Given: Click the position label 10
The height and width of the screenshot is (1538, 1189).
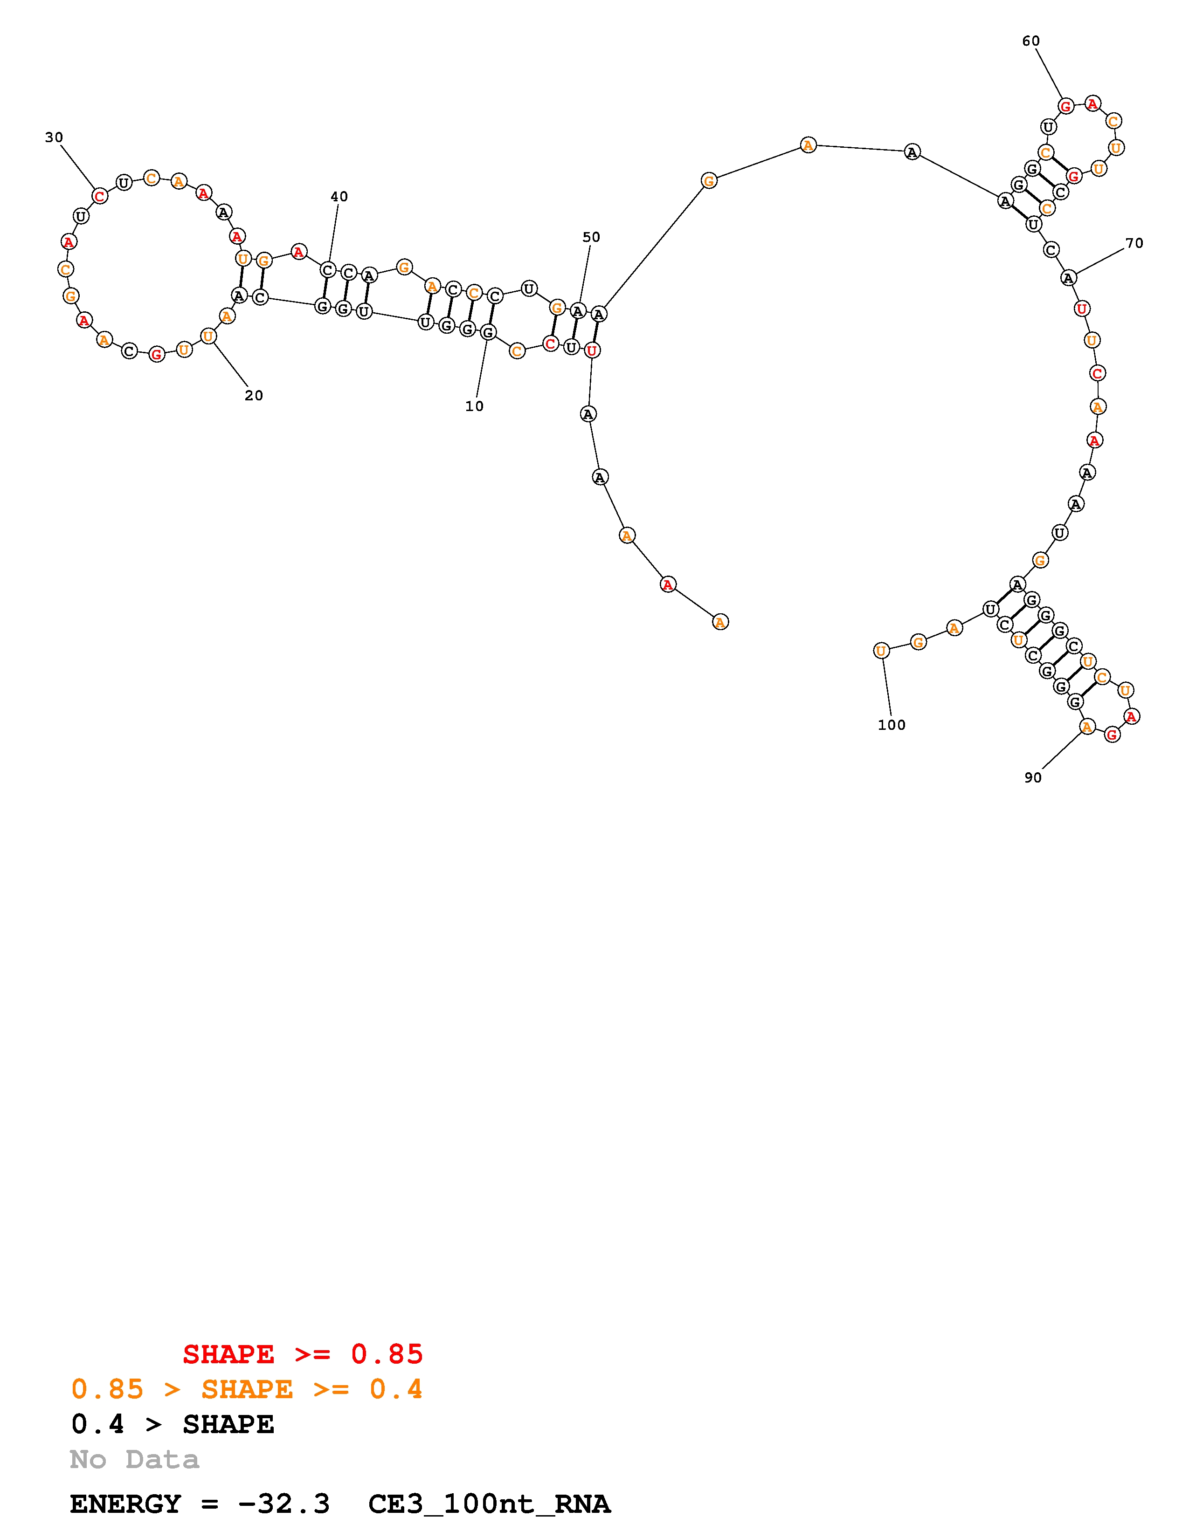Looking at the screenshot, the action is (474, 406).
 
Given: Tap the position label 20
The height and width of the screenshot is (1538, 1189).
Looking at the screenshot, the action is (254, 396).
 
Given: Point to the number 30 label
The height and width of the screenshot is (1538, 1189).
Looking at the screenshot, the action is (54, 137).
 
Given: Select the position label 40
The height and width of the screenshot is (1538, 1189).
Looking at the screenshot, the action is (339, 197).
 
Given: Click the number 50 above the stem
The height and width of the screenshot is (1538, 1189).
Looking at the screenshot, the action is (591, 237).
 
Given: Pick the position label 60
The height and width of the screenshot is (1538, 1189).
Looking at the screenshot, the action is (1030, 41).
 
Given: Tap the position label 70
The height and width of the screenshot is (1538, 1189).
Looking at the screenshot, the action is (1134, 243).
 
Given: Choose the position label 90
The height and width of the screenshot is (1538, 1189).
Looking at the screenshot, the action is (1033, 777).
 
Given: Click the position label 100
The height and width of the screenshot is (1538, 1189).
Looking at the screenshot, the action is (891, 725).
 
